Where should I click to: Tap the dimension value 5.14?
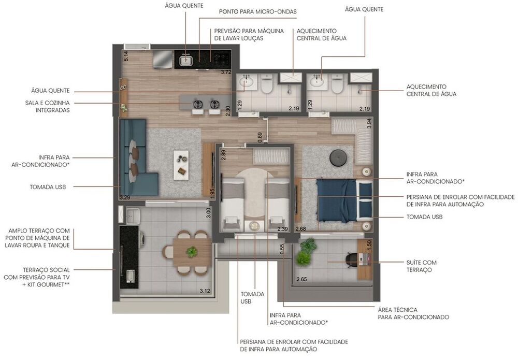click(125, 56)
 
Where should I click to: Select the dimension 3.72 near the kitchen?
click(225, 72)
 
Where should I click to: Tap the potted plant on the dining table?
click(192, 252)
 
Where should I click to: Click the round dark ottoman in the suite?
click(339, 157)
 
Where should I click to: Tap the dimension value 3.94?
click(369, 123)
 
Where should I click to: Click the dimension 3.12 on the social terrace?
click(205, 291)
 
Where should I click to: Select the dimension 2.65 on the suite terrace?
click(301, 280)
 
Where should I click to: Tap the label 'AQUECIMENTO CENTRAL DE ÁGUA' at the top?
click(321, 35)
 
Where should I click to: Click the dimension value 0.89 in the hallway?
click(260, 137)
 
